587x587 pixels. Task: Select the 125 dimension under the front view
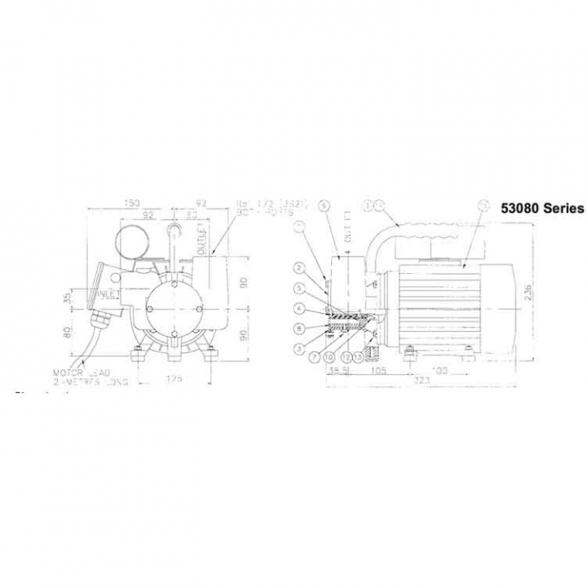(173, 377)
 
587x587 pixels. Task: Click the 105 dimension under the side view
(378, 369)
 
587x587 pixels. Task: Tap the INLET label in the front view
(105, 293)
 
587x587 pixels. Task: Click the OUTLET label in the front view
(201, 238)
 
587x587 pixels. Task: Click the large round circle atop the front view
(130, 242)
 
